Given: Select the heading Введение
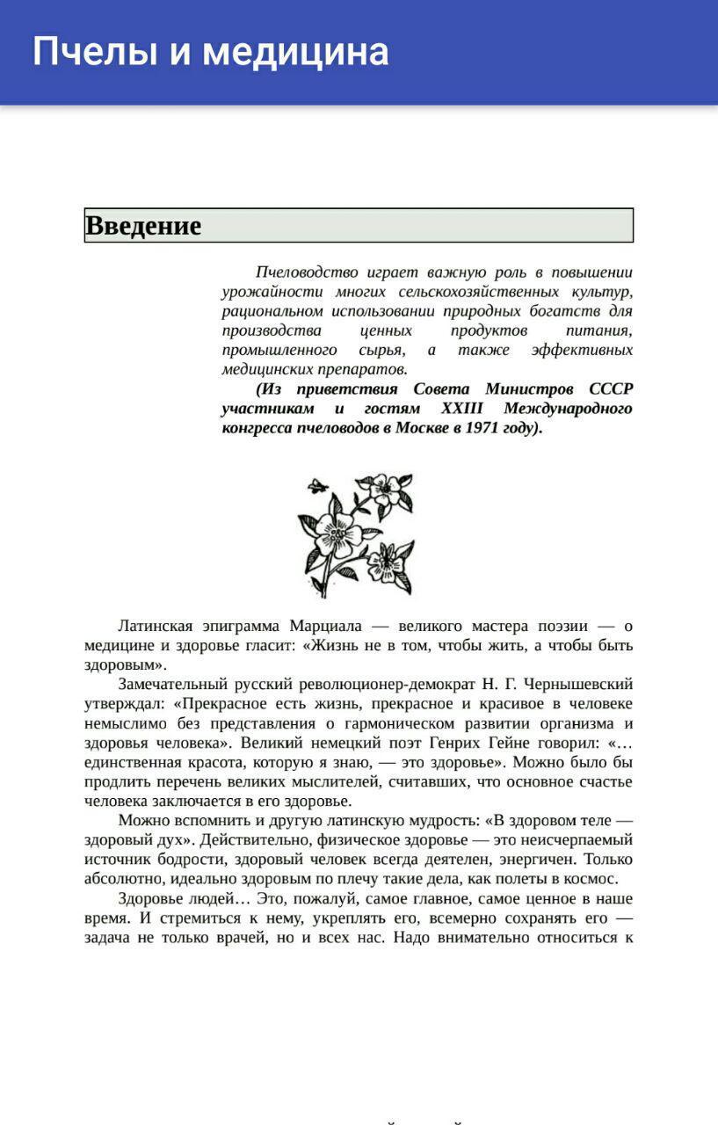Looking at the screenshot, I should pos(143,226).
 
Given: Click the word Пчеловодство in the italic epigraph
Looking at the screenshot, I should pos(308,272).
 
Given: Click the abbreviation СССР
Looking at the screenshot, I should pos(611,388).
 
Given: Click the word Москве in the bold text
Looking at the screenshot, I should pos(420,428).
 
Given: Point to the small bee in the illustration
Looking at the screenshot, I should pos(318,484).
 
